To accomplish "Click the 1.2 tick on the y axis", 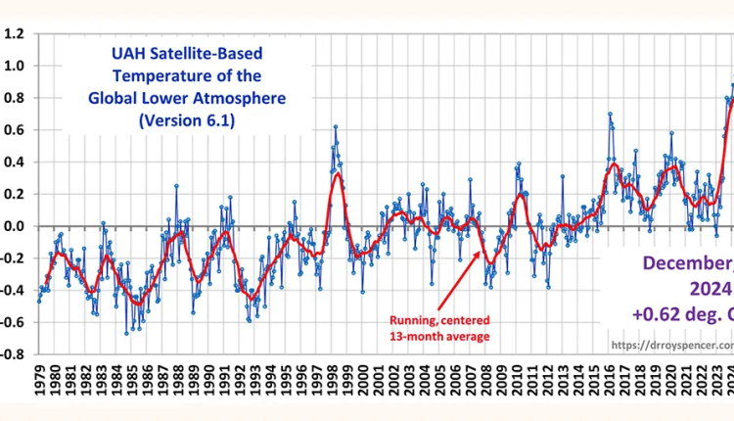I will tap(14, 33).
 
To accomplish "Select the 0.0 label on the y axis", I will tap(14, 226).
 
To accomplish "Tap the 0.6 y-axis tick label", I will tap(14, 130).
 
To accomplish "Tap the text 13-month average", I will tap(439, 338).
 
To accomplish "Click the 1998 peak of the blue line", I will tap(335, 126).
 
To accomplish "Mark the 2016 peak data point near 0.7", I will tap(609, 115).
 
